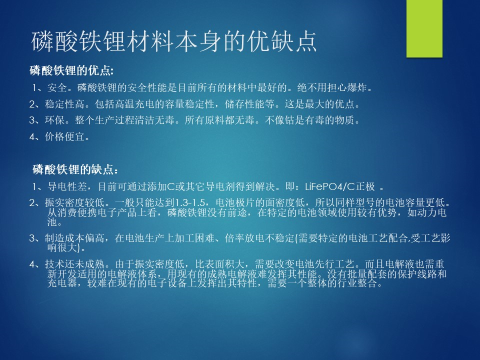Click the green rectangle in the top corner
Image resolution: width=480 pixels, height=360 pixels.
424,28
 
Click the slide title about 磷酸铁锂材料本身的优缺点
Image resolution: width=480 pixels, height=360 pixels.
174,41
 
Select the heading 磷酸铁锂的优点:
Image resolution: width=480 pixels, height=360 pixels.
71,70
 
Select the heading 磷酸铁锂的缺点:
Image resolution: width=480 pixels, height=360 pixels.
75,169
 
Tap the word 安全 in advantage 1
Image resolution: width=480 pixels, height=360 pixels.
57,88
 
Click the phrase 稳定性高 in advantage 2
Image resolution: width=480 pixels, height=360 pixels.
64,104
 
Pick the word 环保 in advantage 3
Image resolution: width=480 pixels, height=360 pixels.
55,120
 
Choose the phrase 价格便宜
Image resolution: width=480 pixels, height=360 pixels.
64,136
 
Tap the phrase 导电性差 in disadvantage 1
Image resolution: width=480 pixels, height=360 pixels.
67,186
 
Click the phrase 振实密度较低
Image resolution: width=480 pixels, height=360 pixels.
74,202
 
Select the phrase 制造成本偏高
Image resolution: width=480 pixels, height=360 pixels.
74,238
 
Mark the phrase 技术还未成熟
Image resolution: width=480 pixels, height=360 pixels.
74,264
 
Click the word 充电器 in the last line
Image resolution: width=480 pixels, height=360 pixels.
62,283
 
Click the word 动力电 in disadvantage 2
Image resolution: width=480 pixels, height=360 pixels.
432,212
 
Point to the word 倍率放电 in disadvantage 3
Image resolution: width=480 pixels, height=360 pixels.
244,238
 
